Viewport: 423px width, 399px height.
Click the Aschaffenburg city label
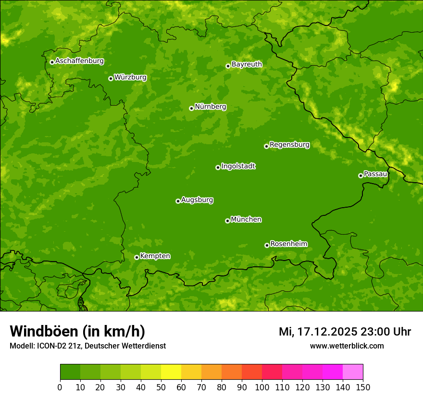click(x=79, y=61)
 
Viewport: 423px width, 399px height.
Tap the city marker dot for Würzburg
click(x=111, y=78)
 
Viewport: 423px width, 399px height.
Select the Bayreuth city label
click(x=247, y=64)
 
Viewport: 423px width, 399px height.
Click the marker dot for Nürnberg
click(x=191, y=108)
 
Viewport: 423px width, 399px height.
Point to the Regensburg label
click(x=289, y=145)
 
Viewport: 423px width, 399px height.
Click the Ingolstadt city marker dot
click(x=218, y=167)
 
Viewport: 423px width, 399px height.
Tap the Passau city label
click(x=375, y=174)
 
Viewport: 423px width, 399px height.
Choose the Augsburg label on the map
click(x=197, y=200)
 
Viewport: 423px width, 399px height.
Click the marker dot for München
click(x=227, y=221)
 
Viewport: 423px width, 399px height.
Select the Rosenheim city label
click(x=288, y=244)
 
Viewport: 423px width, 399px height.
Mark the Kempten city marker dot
click(x=137, y=257)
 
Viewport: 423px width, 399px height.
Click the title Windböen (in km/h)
click(x=77, y=332)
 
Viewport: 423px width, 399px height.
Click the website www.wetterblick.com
click(x=347, y=346)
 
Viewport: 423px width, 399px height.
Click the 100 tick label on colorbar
click(x=262, y=387)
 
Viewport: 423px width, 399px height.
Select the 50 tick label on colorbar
click(x=161, y=387)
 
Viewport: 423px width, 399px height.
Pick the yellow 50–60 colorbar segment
click(x=171, y=372)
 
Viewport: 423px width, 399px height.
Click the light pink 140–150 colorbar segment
click(x=353, y=372)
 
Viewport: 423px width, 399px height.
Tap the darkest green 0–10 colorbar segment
click(x=70, y=372)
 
